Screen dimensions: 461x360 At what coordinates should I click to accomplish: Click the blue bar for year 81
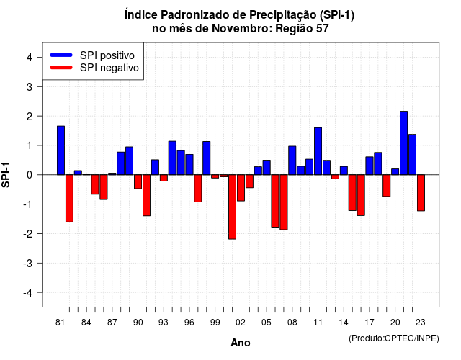point(61,150)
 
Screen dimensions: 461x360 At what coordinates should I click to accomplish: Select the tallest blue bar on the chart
point(403,143)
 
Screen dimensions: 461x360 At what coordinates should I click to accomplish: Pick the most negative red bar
point(232,207)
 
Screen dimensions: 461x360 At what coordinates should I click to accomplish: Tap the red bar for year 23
point(421,193)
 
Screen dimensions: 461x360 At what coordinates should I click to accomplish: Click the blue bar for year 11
point(318,151)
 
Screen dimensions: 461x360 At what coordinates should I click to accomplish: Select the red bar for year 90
point(138,181)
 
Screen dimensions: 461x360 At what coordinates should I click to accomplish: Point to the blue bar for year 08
point(292,161)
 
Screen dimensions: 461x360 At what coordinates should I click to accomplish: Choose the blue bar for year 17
point(370,166)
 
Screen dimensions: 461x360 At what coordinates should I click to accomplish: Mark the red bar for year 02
point(241,188)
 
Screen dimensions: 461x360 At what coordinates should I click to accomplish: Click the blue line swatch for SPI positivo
point(61,55)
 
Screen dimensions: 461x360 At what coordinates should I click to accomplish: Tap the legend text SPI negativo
point(109,68)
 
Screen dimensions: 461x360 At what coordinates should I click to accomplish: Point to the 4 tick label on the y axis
point(30,58)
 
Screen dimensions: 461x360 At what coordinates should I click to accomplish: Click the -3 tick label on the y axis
point(27,264)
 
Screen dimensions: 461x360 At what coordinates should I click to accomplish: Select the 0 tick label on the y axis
point(30,175)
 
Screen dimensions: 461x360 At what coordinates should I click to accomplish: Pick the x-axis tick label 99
point(215,323)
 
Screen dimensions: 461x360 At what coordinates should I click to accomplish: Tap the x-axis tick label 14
point(344,323)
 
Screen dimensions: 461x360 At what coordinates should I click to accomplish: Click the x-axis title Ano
point(241,343)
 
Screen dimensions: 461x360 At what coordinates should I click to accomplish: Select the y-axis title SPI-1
point(6,175)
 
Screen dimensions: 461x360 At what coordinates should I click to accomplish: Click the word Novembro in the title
point(242,29)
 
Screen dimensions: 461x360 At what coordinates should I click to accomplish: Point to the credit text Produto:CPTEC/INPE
point(394,338)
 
